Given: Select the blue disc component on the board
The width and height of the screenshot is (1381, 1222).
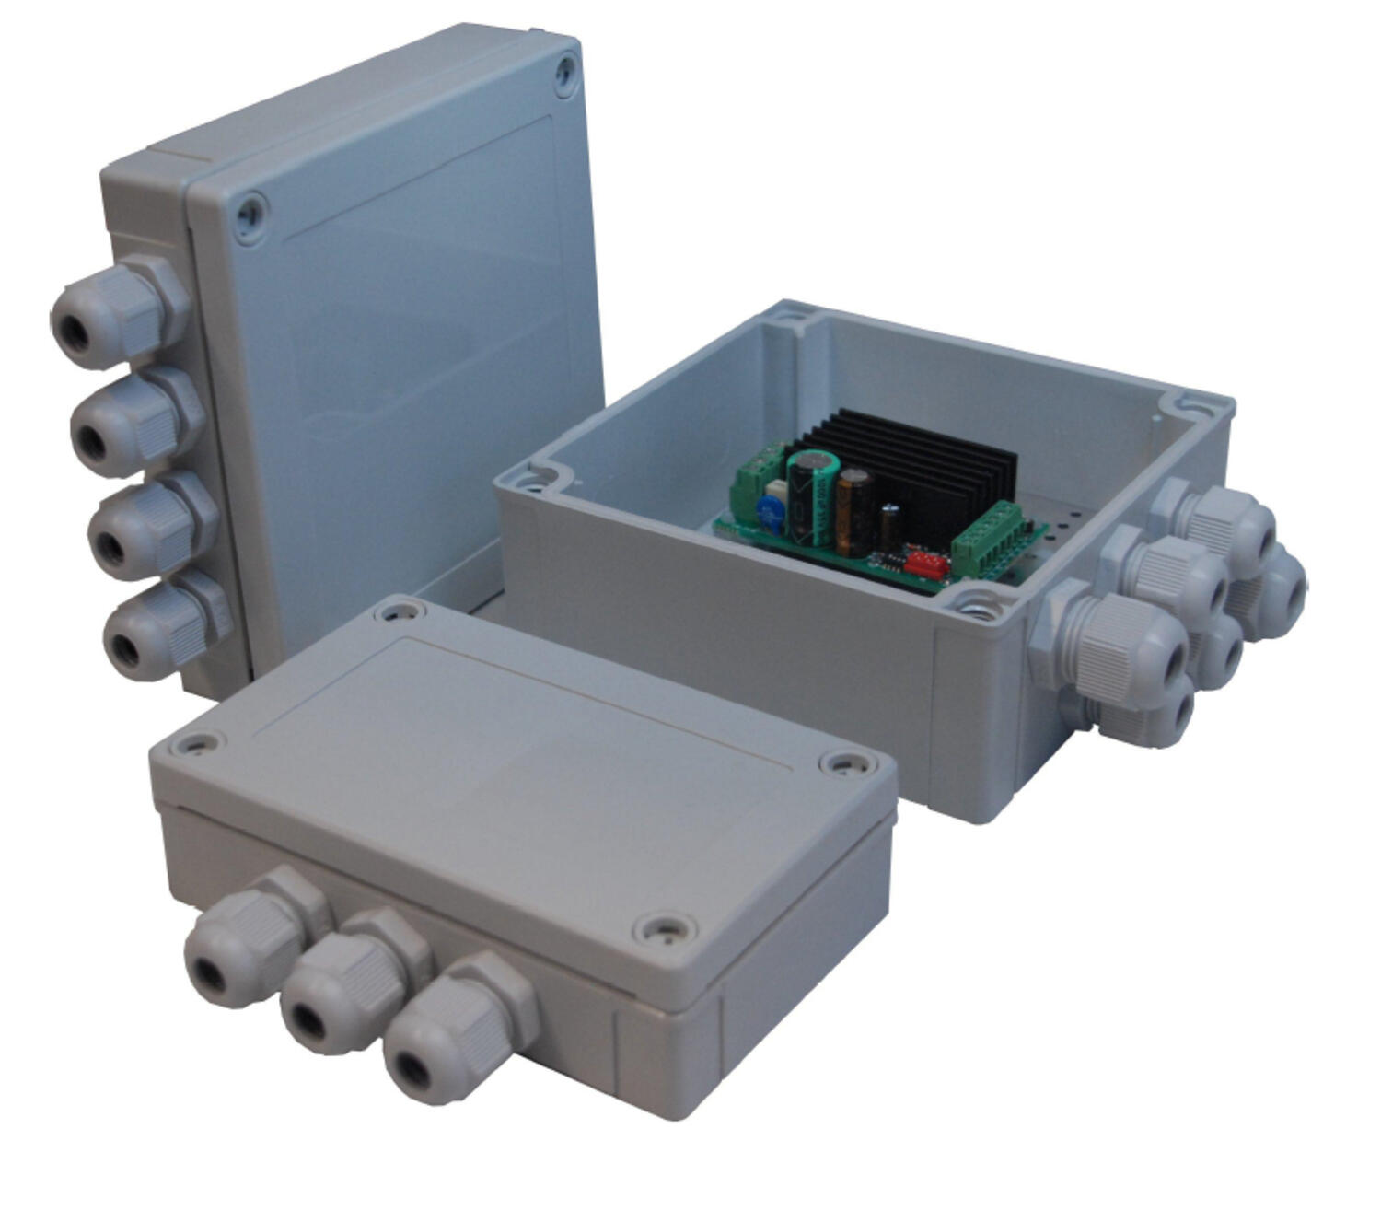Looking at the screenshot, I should click(769, 514).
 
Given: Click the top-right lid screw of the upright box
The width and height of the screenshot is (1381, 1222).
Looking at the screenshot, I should click(565, 75).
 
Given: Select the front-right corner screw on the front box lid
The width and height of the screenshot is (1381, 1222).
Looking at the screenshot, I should click(665, 932).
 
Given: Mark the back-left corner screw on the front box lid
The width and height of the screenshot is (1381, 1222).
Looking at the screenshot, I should click(399, 611).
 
